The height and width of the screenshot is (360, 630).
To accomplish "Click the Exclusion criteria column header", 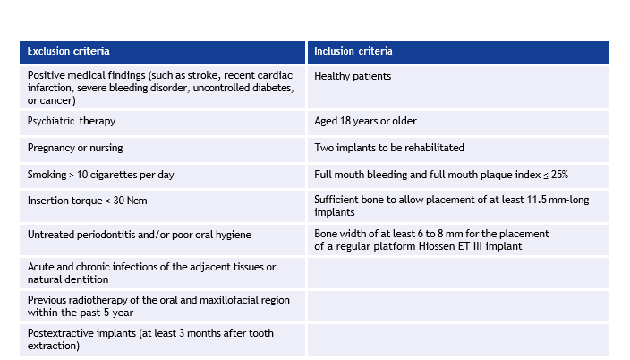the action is pyautogui.click(x=162, y=52).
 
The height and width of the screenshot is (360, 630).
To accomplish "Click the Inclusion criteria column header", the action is pyautogui.click(x=458, y=52).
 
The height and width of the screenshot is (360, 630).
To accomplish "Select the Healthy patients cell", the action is pyautogui.click(x=458, y=87).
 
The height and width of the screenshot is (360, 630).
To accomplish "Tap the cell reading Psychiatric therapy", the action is pyautogui.click(x=162, y=123).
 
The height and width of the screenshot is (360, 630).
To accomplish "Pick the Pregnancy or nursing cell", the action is pyautogui.click(x=162, y=150).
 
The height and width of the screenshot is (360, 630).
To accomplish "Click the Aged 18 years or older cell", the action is pyautogui.click(x=458, y=123).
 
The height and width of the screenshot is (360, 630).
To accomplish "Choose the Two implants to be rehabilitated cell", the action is pyautogui.click(x=458, y=150).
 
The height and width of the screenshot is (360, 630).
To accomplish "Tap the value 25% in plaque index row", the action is pyautogui.click(x=559, y=175).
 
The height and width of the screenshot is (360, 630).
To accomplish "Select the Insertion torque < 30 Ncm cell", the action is pyautogui.click(x=162, y=206).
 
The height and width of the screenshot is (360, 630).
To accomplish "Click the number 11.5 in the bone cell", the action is pyautogui.click(x=536, y=200).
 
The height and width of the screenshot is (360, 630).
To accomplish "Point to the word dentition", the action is pyautogui.click(x=89, y=279).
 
